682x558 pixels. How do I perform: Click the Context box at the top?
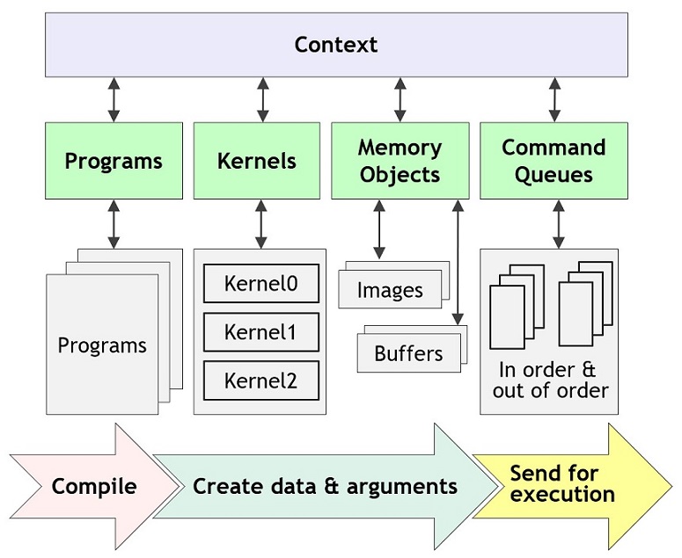coord(336,45)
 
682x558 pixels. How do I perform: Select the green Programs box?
coord(114,161)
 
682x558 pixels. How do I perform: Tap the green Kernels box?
coord(257,161)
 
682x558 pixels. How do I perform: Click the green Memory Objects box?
coord(400,161)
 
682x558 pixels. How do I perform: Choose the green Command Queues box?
coord(554,161)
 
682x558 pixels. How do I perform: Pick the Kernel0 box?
coord(260,284)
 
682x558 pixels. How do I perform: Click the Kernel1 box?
coord(260,332)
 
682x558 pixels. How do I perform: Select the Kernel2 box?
coord(260,380)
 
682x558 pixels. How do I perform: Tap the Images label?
coord(390,291)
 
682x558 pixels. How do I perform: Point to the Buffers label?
coord(408,354)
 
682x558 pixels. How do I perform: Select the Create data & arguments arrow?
coord(326,486)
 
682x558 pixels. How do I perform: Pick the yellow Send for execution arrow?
coord(563,482)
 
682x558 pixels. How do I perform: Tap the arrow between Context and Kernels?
coord(262,99)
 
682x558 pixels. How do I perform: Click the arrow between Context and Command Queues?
coord(554,99)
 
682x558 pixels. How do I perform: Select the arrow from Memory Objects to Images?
coord(379,229)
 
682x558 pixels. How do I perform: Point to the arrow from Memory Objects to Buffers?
coord(457,264)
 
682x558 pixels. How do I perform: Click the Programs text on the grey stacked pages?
coord(102,345)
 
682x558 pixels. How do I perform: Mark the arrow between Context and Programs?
coord(114,99)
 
